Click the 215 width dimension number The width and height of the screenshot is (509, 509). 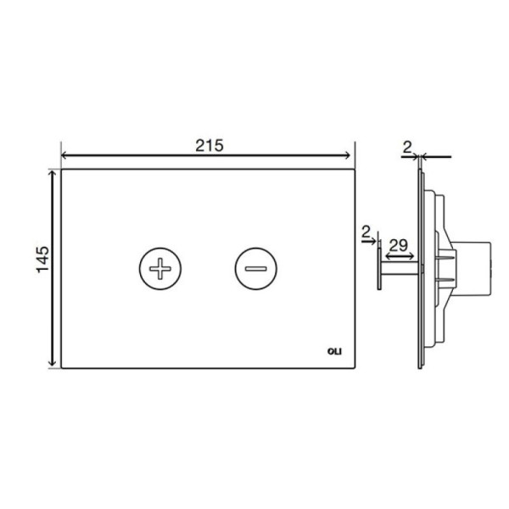click(x=210, y=146)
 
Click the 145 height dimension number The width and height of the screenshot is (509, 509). click(x=42, y=260)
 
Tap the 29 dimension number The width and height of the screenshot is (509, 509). click(x=399, y=245)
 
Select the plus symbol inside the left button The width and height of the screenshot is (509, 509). click(x=160, y=268)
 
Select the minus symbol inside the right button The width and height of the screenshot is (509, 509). click(x=256, y=268)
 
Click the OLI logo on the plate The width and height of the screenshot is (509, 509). click(x=334, y=351)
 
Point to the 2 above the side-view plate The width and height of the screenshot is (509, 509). click(x=407, y=148)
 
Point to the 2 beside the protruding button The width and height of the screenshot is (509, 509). click(x=366, y=232)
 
